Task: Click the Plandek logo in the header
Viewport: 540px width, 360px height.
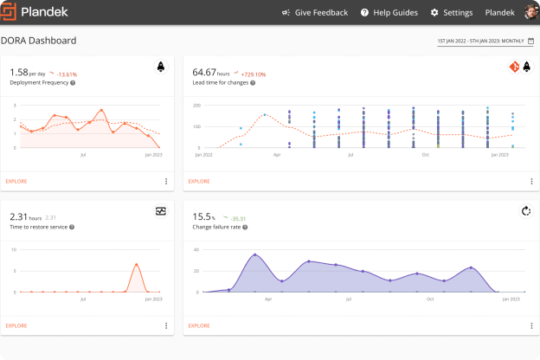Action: coord(39,12)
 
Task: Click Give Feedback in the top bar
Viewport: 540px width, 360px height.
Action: coord(315,13)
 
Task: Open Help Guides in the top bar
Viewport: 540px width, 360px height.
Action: coord(389,13)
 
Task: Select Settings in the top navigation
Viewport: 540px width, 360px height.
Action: coord(451,13)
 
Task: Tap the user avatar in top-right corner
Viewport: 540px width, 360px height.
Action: coord(530,12)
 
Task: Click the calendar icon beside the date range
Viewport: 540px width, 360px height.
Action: coord(530,41)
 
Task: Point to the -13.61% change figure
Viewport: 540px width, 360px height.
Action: coord(66,74)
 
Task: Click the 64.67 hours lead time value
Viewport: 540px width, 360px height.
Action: coord(214,73)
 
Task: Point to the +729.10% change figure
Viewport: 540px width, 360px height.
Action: coord(259,74)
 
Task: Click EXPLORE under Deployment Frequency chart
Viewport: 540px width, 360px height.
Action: coord(16,181)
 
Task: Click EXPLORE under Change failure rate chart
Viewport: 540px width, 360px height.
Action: coord(199,325)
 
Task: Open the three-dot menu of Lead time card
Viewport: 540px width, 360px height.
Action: coord(531,181)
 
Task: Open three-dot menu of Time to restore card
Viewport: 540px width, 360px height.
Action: coord(166,325)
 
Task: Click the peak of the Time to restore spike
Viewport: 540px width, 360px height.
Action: coord(136,265)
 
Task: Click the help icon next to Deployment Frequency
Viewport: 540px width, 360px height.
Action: coord(72,82)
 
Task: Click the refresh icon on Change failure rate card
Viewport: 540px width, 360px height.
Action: coord(525,210)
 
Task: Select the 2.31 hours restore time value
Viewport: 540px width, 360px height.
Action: coord(24,216)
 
